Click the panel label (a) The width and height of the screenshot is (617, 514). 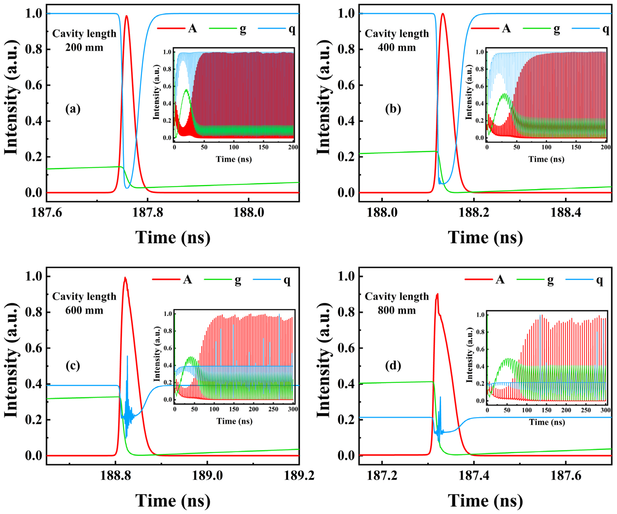click(73, 109)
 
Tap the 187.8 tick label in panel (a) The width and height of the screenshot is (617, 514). click(147, 212)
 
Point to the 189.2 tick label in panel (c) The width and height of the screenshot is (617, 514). click(299, 475)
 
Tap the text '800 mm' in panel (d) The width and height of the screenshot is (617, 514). click(397, 310)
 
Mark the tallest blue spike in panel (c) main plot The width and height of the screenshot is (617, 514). click(127, 356)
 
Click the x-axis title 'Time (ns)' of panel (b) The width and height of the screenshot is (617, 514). click(485, 237)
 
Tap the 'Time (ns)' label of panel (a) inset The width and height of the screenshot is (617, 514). click(234, 159)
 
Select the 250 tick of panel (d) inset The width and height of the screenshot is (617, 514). click(586, 410)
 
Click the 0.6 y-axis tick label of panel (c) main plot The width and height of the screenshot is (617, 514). click(33, 348)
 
